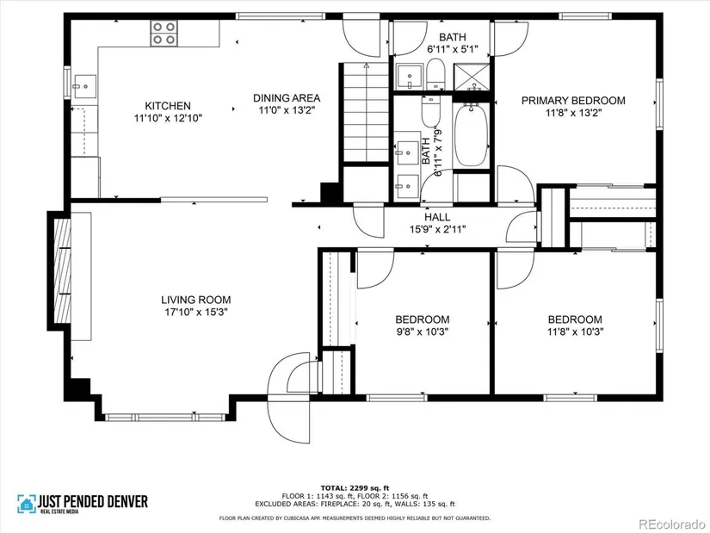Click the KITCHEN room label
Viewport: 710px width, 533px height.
click(x=168, y=106)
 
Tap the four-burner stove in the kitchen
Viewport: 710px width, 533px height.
click(x=164, y=33)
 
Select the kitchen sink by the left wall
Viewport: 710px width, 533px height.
click(x=84, y=86)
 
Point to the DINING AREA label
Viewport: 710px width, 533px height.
click(x=287, y=98)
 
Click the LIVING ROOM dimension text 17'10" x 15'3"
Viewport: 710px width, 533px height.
click(x=195, y=312)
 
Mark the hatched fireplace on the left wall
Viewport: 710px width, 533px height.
click(x=63, y=270)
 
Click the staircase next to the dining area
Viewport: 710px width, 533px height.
click(x=366, y=112)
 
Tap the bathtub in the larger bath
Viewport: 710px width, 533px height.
click(x=471, y=135)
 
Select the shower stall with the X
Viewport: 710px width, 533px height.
click(x=472, y=77)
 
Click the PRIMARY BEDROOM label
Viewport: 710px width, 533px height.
click(x=573, y=101)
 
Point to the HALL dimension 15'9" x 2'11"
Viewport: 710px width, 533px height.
click(x=437, y=229)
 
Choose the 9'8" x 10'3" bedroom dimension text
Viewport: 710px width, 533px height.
click(x=422, y=332)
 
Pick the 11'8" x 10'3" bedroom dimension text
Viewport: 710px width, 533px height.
click(x=575, y=332)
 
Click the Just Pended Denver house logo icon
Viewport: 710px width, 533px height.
click(x=27, y=504)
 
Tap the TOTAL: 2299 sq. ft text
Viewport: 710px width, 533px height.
click(x=355, y=488)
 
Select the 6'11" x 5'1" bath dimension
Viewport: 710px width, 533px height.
click(x=453, y=49)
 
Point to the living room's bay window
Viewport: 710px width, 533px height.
click(x=165, y=418)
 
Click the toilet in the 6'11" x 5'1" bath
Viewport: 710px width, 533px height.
click(x=436, y=74)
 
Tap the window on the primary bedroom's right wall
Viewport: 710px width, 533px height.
click(x=659, y=104)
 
